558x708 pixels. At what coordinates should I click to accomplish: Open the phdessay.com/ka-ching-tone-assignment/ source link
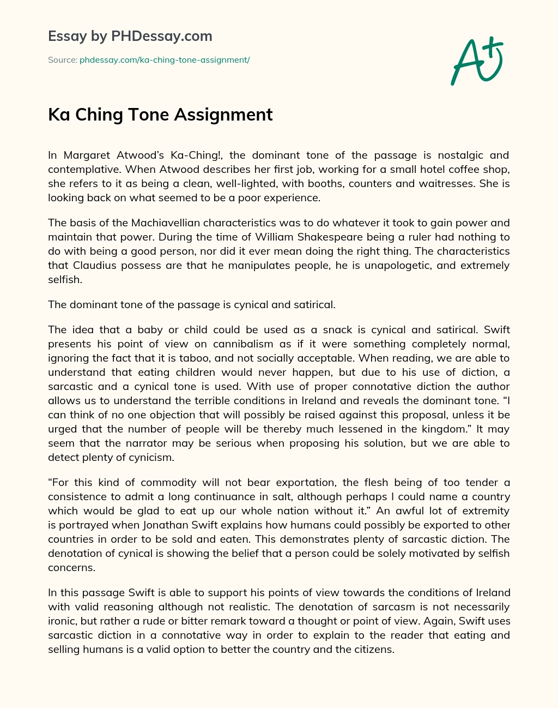tap(165, 60)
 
